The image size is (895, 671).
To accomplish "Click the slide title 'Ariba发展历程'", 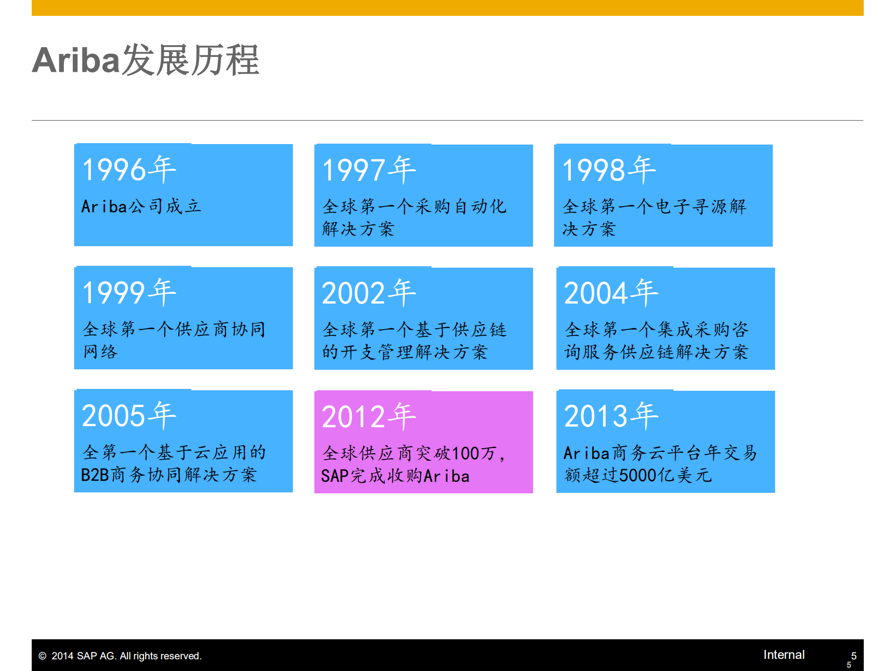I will pos(146,61).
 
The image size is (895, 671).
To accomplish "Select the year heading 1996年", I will pos(129,169).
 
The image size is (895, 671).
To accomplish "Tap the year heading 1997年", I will pos(369,170).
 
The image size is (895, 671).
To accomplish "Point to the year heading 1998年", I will pos(609,170).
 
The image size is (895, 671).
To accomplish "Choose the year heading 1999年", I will pos(129,292).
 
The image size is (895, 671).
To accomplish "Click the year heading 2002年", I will pos(369,293).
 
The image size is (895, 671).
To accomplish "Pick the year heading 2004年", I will pos(611,293).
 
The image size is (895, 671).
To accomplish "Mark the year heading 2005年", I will pos(129,415).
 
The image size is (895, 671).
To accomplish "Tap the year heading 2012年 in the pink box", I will pos(369,416).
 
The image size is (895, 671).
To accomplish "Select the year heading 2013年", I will pos(611,415).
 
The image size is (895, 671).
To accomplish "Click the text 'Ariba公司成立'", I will pos(141,207).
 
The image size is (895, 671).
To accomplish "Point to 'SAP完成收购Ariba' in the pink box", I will pos(395,476).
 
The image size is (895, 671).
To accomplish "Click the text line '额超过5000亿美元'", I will pos(638,476).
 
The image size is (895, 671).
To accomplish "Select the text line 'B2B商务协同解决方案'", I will pos(169,475).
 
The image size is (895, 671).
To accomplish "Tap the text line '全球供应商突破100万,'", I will pos(413,453).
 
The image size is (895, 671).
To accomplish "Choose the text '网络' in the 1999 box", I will pos(100,352).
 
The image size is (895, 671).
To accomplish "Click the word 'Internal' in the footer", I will pos(784,655).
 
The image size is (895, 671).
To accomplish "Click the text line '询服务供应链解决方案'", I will pos(656,353).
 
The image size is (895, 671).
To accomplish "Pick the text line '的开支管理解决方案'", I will pos(405,353).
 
